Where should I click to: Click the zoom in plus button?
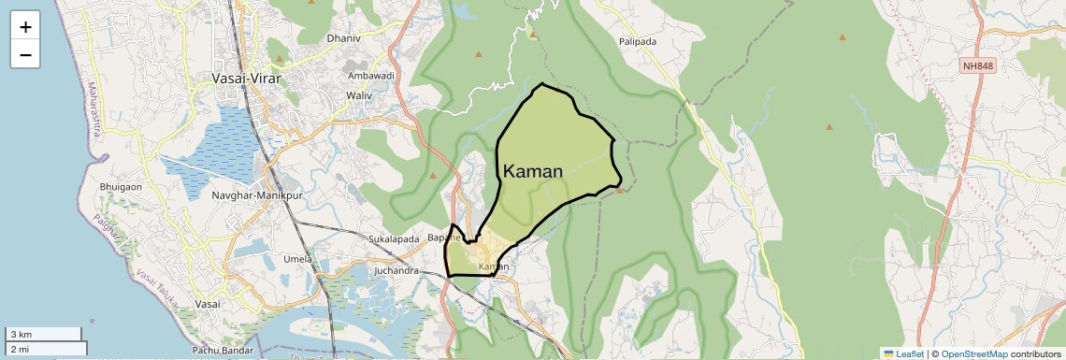[x=25, y=27]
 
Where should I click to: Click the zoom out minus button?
[x=25, y=55]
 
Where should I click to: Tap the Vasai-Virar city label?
[x=248, y=79]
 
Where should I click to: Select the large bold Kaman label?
[x=533, y=171]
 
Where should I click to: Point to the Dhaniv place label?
[x=343, y=38]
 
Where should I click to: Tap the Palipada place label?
[x=638, y=41]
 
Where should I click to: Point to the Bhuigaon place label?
[x=121, y=187]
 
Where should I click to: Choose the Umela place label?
[x=297, y=258]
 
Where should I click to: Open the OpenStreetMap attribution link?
[x=973, y=353]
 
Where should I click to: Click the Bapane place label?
[x=442, y=238]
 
